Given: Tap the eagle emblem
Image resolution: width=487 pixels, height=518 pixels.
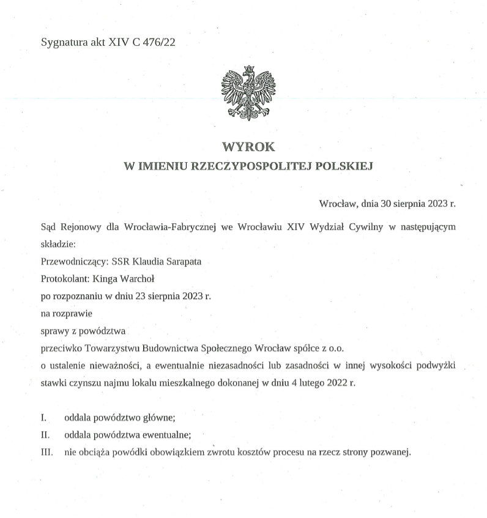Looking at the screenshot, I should [248, 93].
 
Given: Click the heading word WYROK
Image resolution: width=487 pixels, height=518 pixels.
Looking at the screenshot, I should [248, 147].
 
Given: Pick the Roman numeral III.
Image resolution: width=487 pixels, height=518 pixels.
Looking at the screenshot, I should [47, 453].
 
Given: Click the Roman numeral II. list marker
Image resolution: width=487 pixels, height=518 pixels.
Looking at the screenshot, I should [45, 435].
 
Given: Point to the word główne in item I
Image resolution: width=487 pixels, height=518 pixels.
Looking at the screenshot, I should [158, 418].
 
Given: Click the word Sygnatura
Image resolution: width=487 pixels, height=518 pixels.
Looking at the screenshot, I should [63, 42].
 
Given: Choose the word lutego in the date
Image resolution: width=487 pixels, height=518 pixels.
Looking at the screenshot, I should [299, 383].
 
